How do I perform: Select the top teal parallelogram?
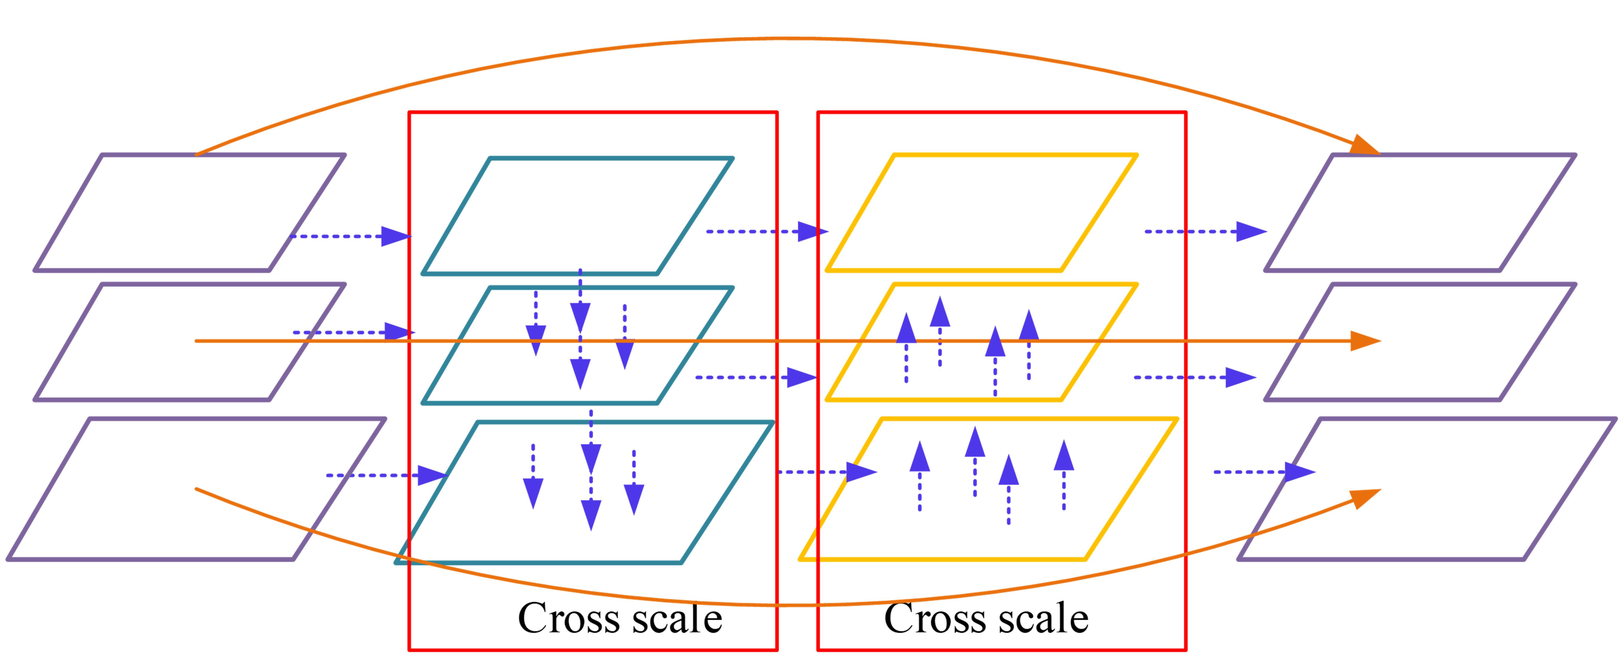(577, 216)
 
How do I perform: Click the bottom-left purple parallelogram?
(195, 489)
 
